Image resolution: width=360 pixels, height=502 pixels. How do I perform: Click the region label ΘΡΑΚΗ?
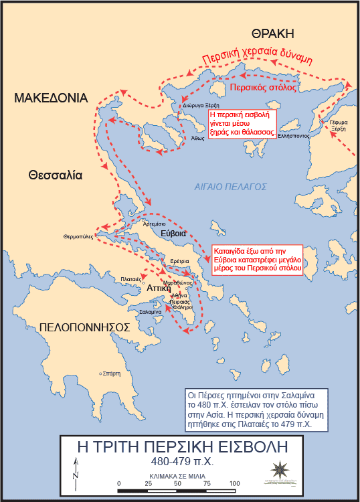point(273,33)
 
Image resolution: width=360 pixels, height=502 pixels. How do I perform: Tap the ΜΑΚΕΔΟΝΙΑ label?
point(52,98)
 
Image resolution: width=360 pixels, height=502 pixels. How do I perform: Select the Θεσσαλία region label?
point(55,175)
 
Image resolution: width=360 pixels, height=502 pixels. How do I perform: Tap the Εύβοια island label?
point(173,234)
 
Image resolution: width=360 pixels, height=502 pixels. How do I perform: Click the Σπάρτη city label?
point(111,373)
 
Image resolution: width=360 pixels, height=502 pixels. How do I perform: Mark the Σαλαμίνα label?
point(149,312)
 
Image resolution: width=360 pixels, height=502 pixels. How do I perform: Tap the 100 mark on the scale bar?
point(234,483)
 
